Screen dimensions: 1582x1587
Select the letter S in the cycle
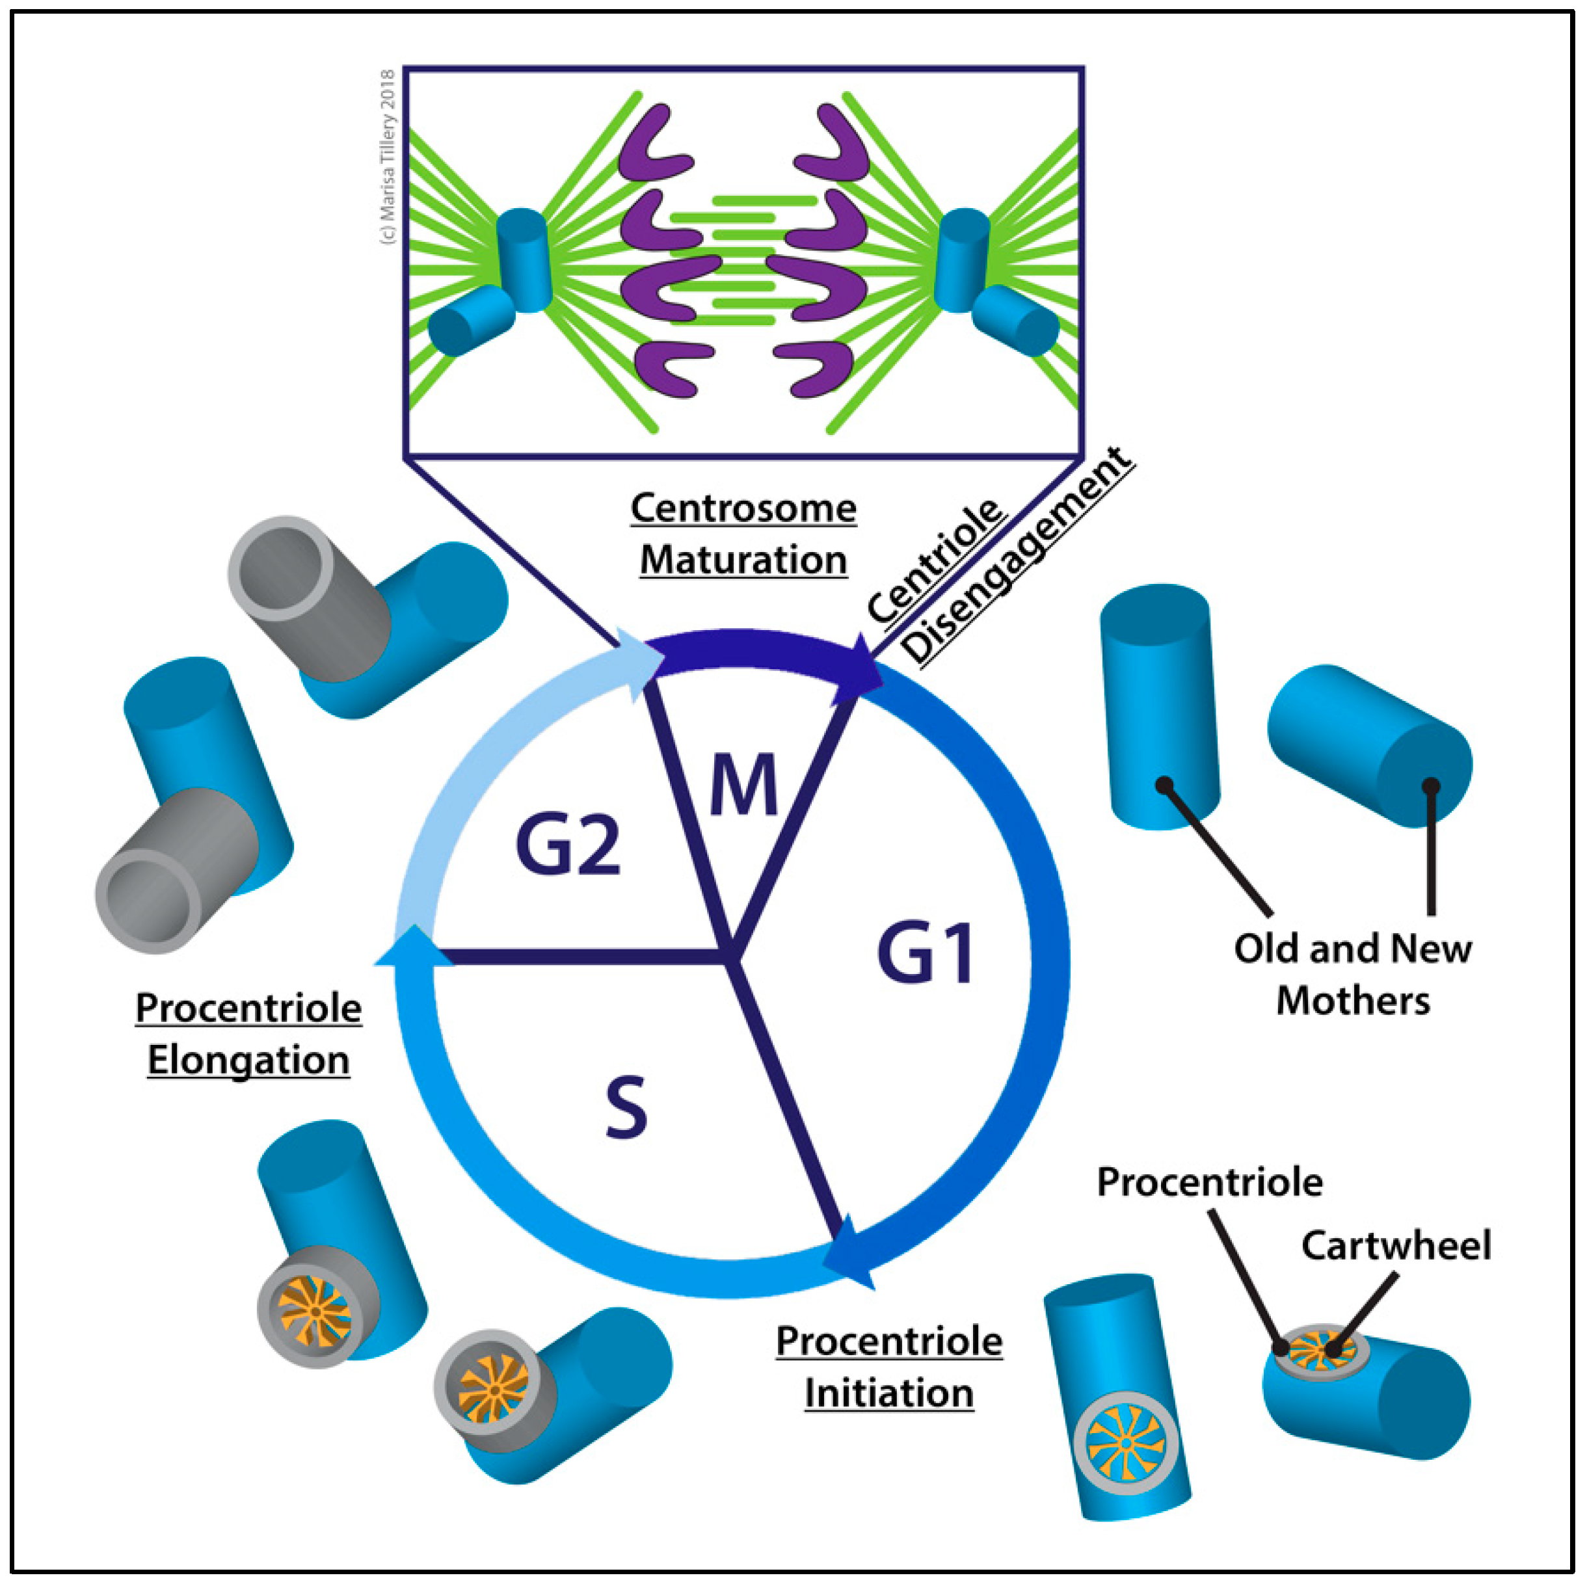626,1108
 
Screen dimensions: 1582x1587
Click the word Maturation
743,561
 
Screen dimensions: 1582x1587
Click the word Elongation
248,1061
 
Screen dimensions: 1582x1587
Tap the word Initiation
889,1393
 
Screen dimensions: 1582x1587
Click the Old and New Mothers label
1353,974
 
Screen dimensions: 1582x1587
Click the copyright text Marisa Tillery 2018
388,156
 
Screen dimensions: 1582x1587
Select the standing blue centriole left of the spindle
523,259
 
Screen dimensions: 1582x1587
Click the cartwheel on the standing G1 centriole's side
1126,1442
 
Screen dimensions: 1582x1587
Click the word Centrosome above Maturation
743,508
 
